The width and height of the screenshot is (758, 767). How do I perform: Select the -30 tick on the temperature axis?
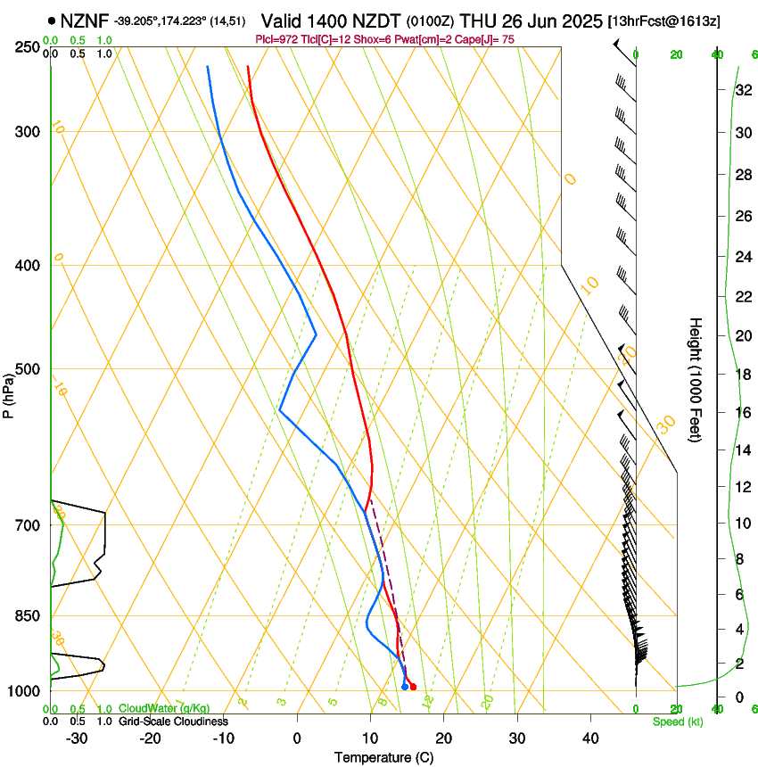(77, 738)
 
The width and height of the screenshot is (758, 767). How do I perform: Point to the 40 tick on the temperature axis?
(590, 738)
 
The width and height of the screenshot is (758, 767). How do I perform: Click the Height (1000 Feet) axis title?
(696, 379)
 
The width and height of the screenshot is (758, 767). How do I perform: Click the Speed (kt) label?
(677, 722)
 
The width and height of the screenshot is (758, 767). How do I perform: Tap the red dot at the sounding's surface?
(412, 686)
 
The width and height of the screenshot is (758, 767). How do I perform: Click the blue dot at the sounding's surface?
(405, 686)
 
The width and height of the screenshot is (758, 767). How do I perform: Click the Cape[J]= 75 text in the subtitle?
(487, 39)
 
